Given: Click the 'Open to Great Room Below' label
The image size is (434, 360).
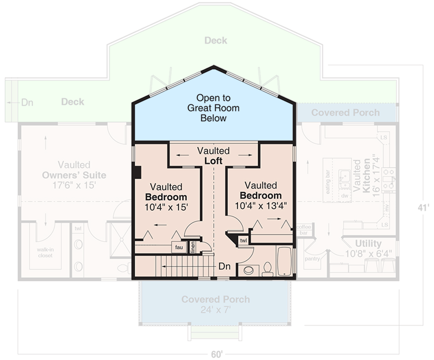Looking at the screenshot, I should tap(213, 108).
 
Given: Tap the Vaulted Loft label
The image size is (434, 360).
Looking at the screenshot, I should tap(213, 156).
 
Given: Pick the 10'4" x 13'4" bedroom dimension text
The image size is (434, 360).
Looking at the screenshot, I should tap(261, 206).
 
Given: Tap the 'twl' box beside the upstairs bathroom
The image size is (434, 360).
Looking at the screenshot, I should tap(243, 241).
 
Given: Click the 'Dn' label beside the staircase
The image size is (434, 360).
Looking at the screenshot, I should tap(224, 266).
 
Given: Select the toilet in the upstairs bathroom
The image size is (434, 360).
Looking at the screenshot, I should tap(267, 269).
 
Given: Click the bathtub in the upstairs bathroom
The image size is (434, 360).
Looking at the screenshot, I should tap(285, 261).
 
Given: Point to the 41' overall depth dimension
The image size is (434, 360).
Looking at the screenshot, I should tap(422, 208).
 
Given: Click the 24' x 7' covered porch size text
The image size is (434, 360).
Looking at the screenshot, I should tap(216, 310).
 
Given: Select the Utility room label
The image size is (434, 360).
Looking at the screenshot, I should tap(368, 244).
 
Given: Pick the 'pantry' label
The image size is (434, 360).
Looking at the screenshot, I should tap(312, 259).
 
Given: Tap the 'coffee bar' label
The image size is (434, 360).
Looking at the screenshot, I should tap(304, 230).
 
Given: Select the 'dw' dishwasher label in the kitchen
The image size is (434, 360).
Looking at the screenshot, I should tap(344, 196).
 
